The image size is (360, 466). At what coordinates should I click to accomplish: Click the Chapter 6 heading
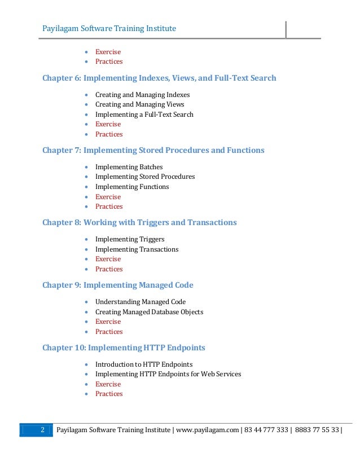coord(159,78)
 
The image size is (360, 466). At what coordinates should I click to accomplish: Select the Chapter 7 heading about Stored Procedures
coord(153,151)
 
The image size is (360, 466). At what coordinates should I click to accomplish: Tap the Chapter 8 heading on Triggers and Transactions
coord(139,223)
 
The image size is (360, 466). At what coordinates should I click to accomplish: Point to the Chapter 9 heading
coord(121,285)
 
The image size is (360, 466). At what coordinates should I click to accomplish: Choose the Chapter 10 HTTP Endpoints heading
coord(124,348)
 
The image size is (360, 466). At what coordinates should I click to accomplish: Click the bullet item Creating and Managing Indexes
coord(142,95)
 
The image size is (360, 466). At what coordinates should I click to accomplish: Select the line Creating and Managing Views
coord(139,104)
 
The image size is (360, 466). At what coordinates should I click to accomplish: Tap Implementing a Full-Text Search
coord(144,115)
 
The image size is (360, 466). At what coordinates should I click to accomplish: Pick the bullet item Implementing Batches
coord(129,167)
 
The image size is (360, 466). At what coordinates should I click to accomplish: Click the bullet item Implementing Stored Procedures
coord(144,177)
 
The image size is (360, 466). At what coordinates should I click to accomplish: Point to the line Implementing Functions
coord(132,187)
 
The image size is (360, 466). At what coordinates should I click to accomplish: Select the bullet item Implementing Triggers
coord(130,239)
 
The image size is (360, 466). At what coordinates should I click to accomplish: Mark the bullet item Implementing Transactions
coord(137,249)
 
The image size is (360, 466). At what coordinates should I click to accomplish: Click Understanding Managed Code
coord(140,302)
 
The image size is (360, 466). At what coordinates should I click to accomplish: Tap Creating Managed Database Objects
coord(149,312)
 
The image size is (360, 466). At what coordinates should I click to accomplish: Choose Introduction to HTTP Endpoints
coord(143,364)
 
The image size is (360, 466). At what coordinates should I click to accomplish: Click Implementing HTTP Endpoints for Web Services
coord(168,374)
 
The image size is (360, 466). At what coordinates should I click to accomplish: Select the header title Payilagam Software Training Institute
coord(109,29)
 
